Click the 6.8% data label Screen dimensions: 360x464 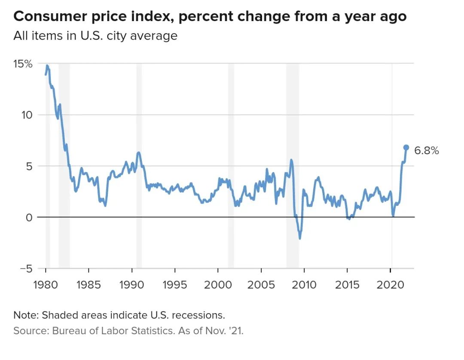click(x=426, y=150)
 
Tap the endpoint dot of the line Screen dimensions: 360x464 click(x=406, y=147)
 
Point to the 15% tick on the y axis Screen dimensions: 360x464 click(x=23, y=64)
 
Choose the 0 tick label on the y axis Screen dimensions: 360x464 click(x=29, y=217)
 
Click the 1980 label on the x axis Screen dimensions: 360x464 click(x=46, y=284)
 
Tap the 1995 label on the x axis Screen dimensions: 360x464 click(x=175, y=284)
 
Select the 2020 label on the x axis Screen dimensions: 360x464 click(x=390, y=284)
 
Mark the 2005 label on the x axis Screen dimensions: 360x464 click(x=261, y=284)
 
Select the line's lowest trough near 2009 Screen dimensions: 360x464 click(x=299, y=238)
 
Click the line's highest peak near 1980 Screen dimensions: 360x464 click(x=47, y=66)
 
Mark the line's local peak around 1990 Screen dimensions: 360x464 click(x=138, y=153)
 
